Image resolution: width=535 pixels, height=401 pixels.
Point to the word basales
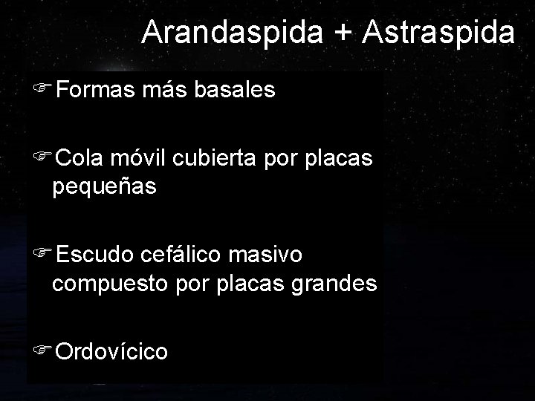click(x=236, y=91)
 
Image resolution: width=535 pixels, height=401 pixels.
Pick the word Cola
click(x=80, y=158)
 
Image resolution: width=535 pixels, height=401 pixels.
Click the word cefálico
click(x=186, y=255)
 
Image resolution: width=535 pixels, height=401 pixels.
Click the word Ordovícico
click(x=111, y=351)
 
